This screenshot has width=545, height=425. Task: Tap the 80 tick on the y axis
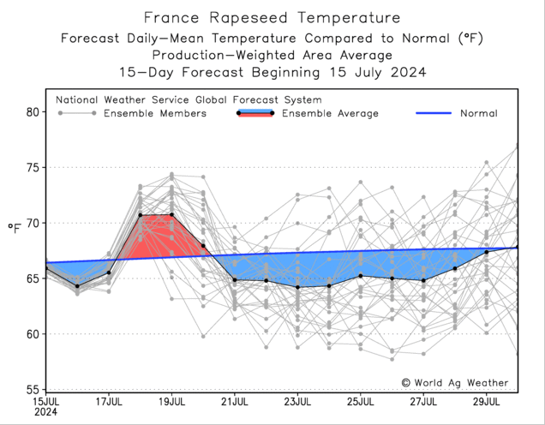pos(33,112)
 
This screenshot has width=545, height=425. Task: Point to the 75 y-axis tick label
pos(33,168)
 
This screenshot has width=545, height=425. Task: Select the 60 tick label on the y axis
pos(33,334)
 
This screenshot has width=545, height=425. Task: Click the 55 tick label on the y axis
pos(33,390)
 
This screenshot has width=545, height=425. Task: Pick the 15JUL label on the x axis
pos(45,401)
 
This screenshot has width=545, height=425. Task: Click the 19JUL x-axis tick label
pos(171,401)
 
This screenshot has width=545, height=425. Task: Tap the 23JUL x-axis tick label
pos(297,401)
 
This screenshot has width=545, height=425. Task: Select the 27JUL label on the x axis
pos(423,401)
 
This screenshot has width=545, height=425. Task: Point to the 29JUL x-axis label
pos(487,401)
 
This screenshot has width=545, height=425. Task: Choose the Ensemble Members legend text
pos(154,113)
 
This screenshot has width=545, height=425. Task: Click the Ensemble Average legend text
pos(330,113)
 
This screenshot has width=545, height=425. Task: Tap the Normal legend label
pos(478,113)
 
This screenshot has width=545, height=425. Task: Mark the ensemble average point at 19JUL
pos(171,214)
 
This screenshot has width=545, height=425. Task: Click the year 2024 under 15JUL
pos(45,412)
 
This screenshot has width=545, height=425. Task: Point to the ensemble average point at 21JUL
pos(235,279)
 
